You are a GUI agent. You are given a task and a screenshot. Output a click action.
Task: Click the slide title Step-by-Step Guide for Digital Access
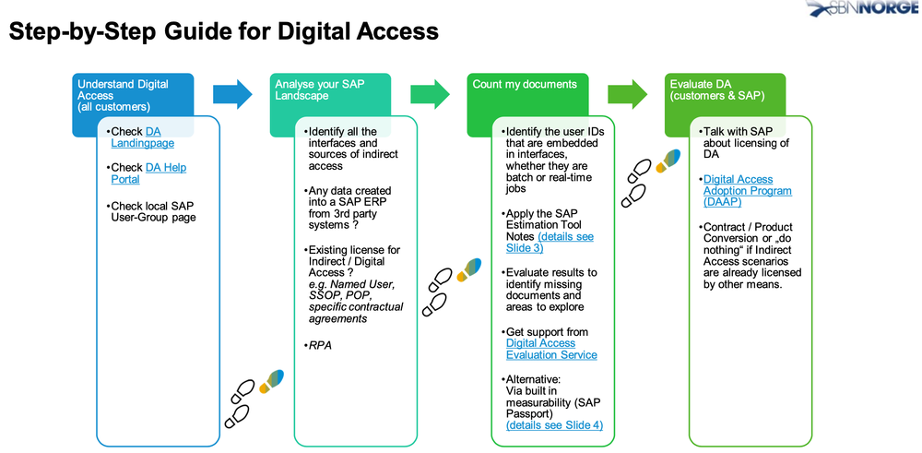click(x=223, y=31)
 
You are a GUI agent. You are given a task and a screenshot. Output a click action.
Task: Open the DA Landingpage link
click(x=143, y=137)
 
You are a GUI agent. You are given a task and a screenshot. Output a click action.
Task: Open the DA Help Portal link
click(x=148, y=173)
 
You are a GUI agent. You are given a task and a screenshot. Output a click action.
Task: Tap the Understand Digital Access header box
click(x=133, y=95)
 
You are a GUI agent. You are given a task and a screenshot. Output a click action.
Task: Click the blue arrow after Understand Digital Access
click(x=232, y=93)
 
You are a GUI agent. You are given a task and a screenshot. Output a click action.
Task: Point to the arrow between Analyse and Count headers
click(x=430, y=93)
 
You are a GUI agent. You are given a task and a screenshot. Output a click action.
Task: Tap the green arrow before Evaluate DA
click(x=627, y=93)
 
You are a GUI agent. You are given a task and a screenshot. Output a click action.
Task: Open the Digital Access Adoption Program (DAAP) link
click(x=748, y=191)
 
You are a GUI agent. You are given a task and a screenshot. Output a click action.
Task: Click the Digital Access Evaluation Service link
click(x=551, y=349)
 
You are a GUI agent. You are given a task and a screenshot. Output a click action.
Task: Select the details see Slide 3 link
click(x=550, y=242)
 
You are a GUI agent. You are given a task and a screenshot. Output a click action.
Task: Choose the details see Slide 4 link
click(x=554, y=424)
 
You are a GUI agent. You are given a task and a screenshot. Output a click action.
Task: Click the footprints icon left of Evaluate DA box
click(x=650, y=178)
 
